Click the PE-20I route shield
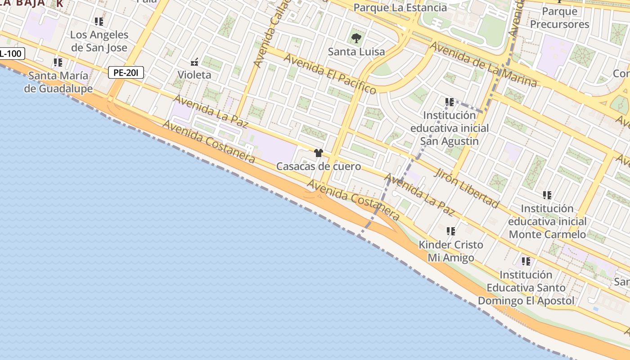pyautogui.click(x=126, y=72)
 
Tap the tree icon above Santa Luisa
pyautogui.click(x=356, y=38)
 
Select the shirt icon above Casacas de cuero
pyautogui.click(x=319, y=153)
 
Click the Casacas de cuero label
pyautogui.click(x=319, y=166)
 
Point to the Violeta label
pyautogui.click(x=194, y=75)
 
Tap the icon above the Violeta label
pyautogui.click(x=194, y=62)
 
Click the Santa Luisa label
pyautogui.click(x=356, y=52)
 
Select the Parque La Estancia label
pyautogui.click(x=400, y=8)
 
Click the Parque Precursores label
pyautogui.click(x=559, y=18)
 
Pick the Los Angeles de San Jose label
pyautogui.click(x=99, y=41)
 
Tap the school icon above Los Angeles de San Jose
pyautogui.click(x=99, y=21)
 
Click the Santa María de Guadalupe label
pyautogui.click(x=58, y=82)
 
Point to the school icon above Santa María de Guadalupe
pyautogui.click(x=58, y=62)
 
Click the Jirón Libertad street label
pyautogui.click(x=467, y=188)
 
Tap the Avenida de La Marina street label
pyautogui.click(x=483, y=64)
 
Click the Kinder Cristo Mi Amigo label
pyautogui.click(x=451, y=251)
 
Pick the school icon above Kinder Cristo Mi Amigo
pyautogui.click(x=450, y=231)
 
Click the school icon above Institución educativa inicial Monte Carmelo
pyautogui.click(x=547, y=195)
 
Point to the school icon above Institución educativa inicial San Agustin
pyautogui.click(x=449, y=102)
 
